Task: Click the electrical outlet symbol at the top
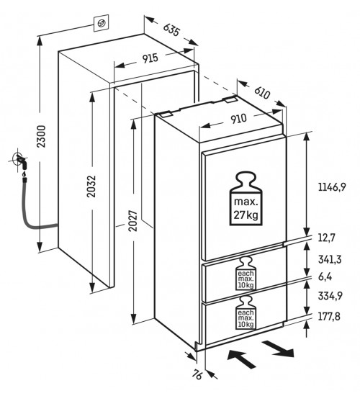(x=102, y=23)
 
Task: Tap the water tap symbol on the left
(x=19, y=161)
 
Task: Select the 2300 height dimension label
(x=41, y=136)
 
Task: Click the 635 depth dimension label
(x=172, y=30)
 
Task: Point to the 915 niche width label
(x=150, y=58)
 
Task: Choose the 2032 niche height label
(x=91, y=186)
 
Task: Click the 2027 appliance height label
(x=133, y=220)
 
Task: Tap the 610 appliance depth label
(x=262, y=93)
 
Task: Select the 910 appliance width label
(x=238, y=119)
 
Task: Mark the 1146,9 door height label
(x=332, y=188)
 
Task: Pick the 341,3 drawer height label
(x=330, y=259)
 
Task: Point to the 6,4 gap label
(x=325, y=277)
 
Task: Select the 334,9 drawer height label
(x=330, y=295)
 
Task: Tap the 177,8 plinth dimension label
(x=329, y=316)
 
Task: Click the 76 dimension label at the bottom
(x=197, y=374)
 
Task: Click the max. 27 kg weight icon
(x=246, y=199)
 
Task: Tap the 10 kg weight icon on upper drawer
(x=246, y=274)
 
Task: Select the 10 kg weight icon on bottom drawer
(x=246, y=312)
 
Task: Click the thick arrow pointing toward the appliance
(x=242, y=359)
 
